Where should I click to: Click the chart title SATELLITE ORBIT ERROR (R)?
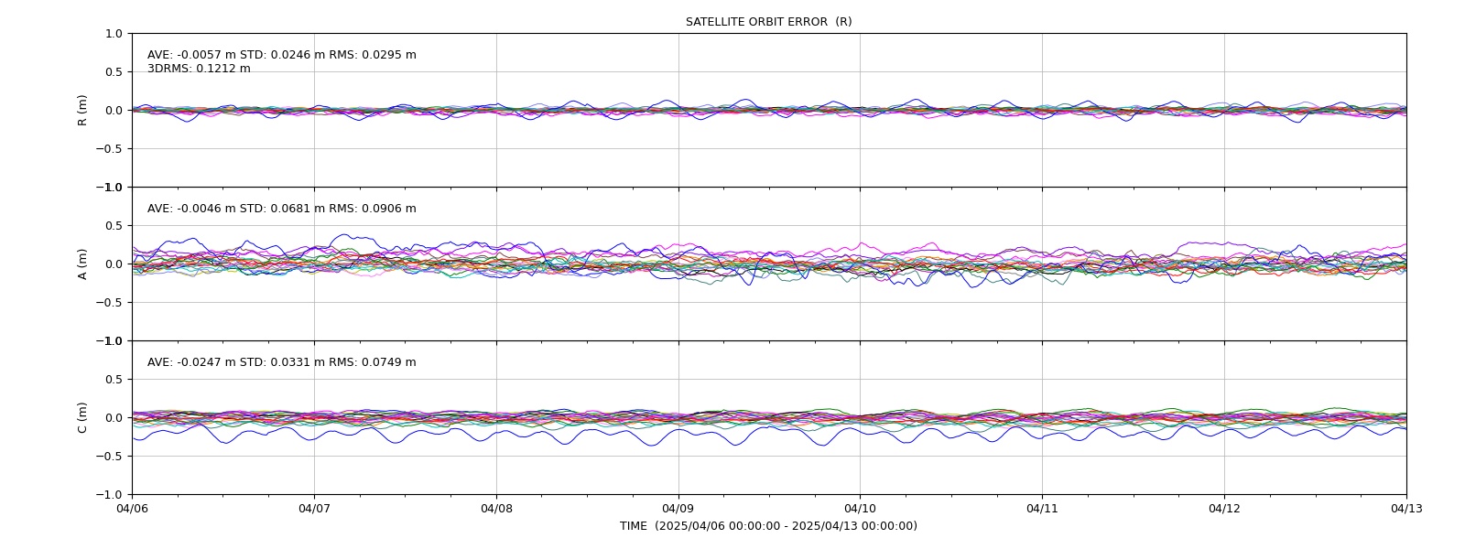tap(768, 22)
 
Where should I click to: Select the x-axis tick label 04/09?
tap(678, 509)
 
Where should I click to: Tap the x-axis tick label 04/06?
tap(132, 509)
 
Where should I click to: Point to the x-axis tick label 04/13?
tap(1406, 509)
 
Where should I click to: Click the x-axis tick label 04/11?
tap(1042, 509)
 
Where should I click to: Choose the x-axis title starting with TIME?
tap(768, 526)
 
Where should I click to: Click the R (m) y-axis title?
tap(82, 111)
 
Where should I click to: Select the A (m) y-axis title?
tap(82, 264)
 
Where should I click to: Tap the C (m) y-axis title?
tap(82, 417)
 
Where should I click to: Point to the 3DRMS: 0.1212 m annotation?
tap(199, 69)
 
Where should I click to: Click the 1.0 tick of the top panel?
tap(114, 34)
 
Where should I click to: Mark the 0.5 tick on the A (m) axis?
tap(114, 225)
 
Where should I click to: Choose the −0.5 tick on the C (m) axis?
tap(109, 457)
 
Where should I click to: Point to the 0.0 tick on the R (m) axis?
tap(114, 111)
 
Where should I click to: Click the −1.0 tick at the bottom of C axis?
tap(109, 495)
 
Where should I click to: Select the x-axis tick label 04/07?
tap(314, 509)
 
